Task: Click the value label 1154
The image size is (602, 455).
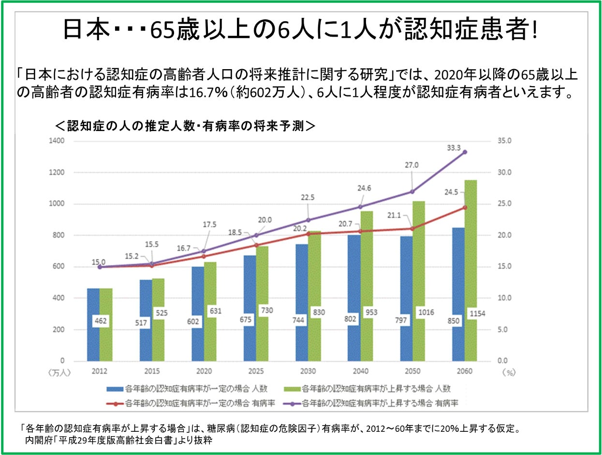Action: pyautogui.click(x=477, y=314)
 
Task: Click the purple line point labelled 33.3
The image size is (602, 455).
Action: pyautogui.click(x=465, y=152)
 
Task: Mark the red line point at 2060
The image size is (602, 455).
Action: pyautogui.click(x=465, y=207)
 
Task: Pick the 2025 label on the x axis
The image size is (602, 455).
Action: pyautogui.click(x=256, y=371)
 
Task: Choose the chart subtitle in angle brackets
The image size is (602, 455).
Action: pyautogui.click(x=186, y=126)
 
